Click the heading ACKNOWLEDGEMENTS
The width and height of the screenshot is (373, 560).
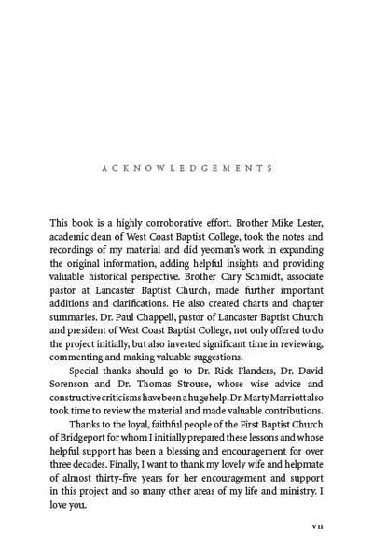[186, 169]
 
